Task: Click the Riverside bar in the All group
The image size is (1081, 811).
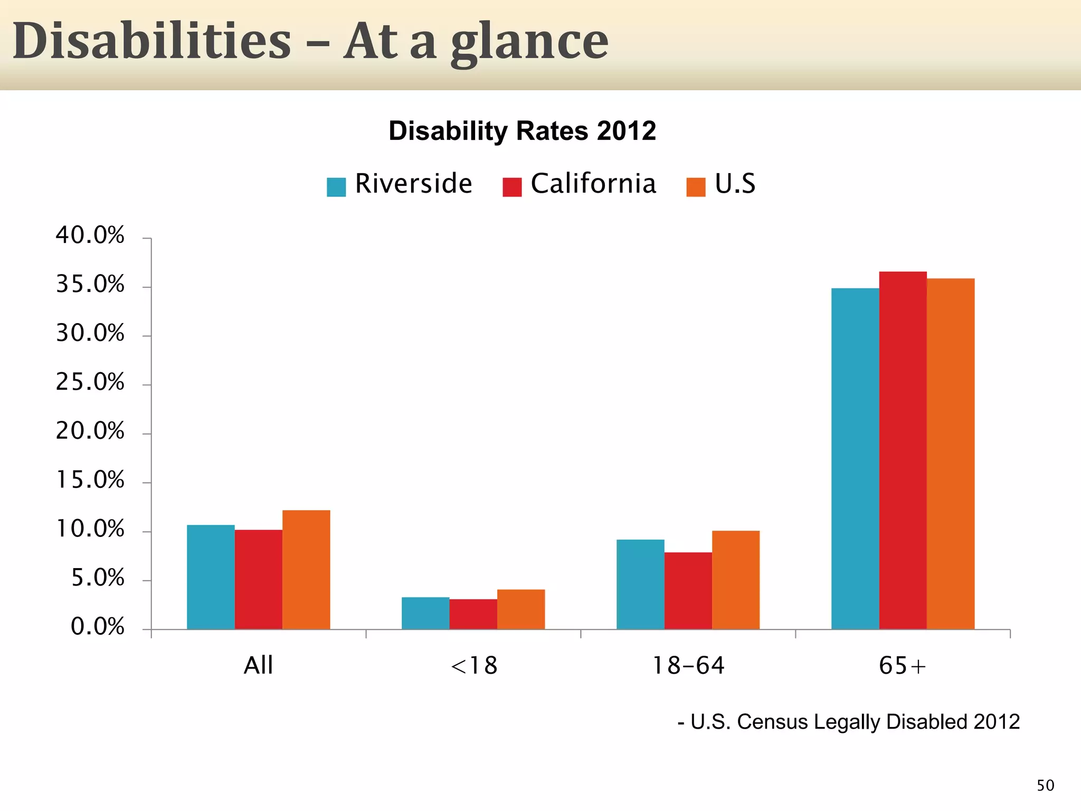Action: click(x=211, y=577)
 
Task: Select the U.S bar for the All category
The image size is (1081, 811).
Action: click(x=306, y=569)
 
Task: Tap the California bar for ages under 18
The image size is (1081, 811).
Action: click(x=473, y=614)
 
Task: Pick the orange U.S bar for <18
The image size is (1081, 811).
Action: click(x=521, y=609)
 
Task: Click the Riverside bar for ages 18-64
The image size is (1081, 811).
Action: click(x=640, y=584)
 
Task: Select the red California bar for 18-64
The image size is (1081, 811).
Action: click(x=688, y=590)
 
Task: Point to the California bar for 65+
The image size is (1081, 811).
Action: click(x=903, y=450)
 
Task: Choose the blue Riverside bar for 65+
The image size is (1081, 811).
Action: click(x=855, y=458)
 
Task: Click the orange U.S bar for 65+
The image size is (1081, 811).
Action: click(x=951, y=454)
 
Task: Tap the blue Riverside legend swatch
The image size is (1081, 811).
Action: click(x=336, y=187)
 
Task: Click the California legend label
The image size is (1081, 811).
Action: click(x=593, y=184)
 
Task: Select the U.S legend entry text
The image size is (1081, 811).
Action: click(x=735, y=184)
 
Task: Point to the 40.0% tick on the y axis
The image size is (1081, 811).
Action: click(x=90, y=235)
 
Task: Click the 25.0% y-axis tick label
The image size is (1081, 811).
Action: click(x=90, y=382)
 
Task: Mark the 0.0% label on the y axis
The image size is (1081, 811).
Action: click(x=98, y=627)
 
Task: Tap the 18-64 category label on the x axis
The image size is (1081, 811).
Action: click(x=688, y=665)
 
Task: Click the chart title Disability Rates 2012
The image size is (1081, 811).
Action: click(x=522, y=130)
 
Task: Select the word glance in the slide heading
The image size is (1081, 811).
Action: click(x=529, y=42)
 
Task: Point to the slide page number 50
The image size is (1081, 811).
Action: click(x=1045, y=786)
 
